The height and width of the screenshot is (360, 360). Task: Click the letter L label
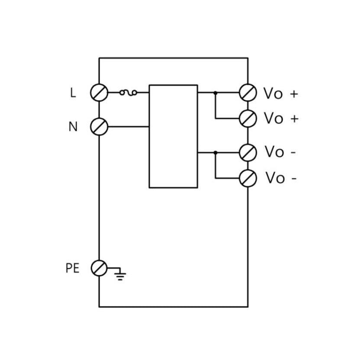[73, 93]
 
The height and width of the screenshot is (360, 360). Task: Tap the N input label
[73, 127]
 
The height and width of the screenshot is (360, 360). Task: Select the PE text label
[73, 268]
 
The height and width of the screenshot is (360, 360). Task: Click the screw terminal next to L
[99, 93]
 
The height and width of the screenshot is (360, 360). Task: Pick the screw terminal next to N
[99, 126]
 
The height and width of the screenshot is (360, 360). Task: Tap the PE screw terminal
[99, 268]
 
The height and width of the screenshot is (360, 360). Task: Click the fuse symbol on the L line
[129, 92]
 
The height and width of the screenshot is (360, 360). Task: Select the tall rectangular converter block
[173, 136]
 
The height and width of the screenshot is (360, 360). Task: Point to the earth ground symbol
[120, 275]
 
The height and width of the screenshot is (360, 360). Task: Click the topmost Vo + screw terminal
[248, 93]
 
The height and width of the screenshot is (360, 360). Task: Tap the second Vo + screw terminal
[248, 118]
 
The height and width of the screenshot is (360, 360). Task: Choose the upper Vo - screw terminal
[248, 152]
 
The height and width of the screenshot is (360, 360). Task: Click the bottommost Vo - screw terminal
[248, 178]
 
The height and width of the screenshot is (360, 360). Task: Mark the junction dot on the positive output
[215, 93]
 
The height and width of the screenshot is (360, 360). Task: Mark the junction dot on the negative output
[215, 152]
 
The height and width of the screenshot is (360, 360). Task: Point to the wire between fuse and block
[143, 93]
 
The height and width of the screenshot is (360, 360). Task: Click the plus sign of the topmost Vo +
[294, 93]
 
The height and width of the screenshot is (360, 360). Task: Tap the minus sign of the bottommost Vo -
[294, 178]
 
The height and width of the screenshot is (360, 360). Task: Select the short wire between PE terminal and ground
[112, 268]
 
